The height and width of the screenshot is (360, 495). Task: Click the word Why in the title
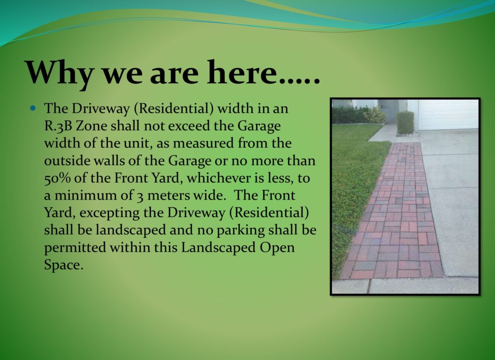[x=59, y=73]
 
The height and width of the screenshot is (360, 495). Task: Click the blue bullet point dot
[x=33, y=108]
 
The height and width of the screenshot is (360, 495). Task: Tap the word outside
[x=64, y=160]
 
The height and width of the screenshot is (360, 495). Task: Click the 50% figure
[x=58, y=178]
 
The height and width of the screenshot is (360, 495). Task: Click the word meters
[x=168, y=196]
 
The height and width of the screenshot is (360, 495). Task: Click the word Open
[x=277, y=248]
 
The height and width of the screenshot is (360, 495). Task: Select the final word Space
[x=63, y=265]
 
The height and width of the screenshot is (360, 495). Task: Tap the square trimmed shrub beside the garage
[x=406, y=123]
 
